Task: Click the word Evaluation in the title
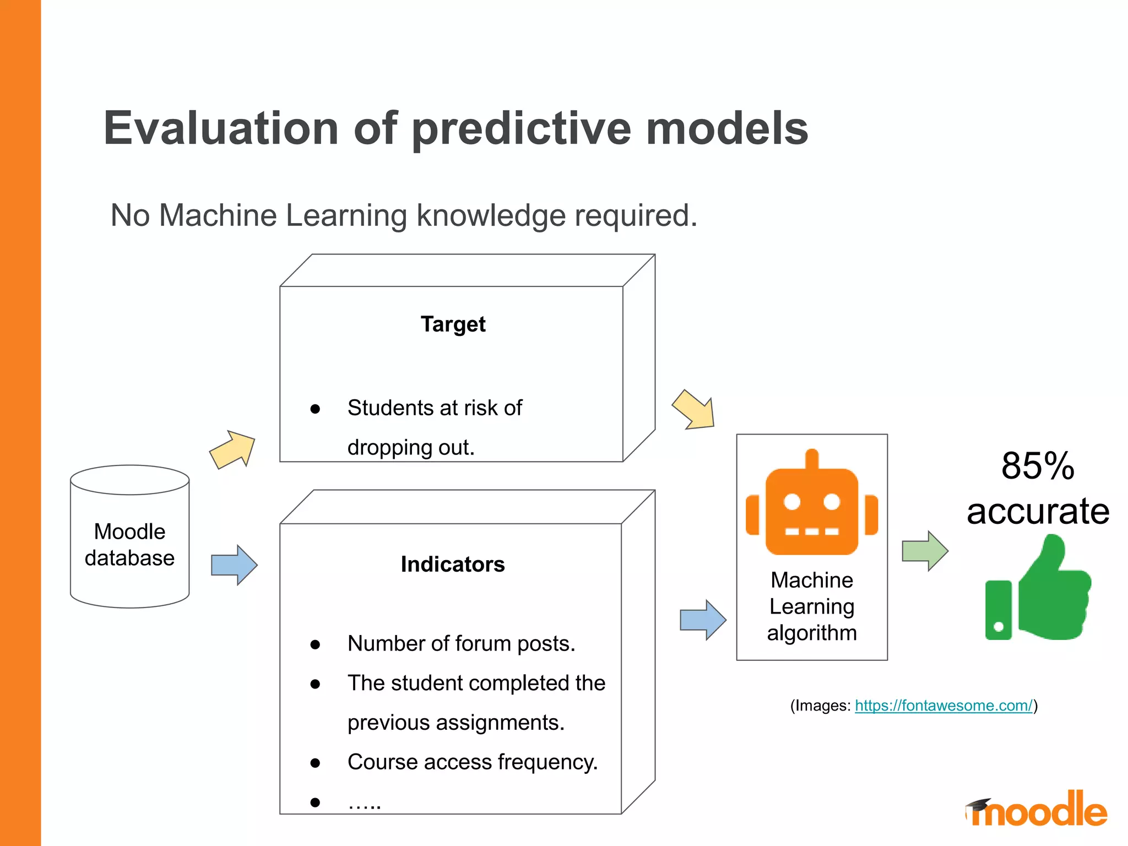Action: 221,128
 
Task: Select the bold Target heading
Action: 453,324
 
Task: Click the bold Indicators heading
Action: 453,565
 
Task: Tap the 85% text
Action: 1038,466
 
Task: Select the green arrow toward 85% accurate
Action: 925,551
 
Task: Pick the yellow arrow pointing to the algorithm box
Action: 695,409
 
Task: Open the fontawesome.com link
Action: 943,706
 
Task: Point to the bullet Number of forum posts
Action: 461,644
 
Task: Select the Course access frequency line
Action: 473,762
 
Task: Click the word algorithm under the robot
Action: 812,633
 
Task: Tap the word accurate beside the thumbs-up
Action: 1038,511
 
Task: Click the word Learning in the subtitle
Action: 346,215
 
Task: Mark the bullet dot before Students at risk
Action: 315,409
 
